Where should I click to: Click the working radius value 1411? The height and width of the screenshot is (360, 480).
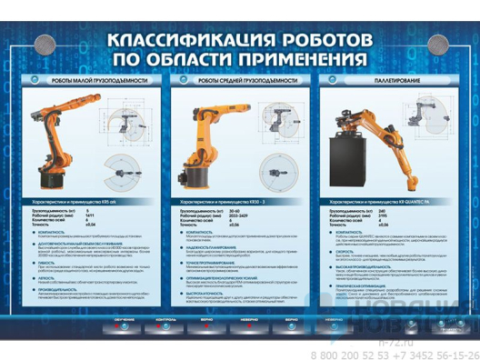coord(89,215)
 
